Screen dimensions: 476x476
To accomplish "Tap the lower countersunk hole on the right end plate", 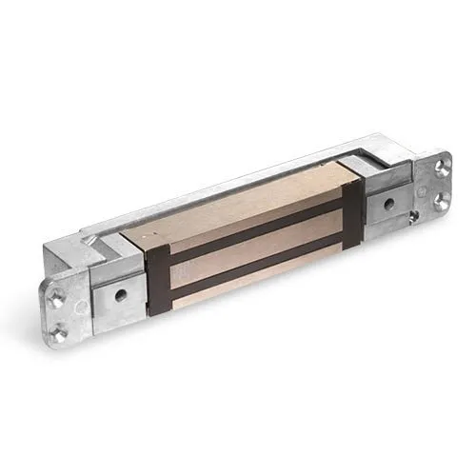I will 441,200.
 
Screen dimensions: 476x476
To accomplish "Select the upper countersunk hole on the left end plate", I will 57,298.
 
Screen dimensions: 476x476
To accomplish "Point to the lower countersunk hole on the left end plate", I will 59,333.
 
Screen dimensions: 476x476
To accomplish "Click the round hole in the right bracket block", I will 387,204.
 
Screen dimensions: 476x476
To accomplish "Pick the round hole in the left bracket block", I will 120,294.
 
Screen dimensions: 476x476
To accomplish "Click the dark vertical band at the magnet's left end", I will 157,281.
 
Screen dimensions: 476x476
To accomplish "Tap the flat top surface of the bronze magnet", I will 238,205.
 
